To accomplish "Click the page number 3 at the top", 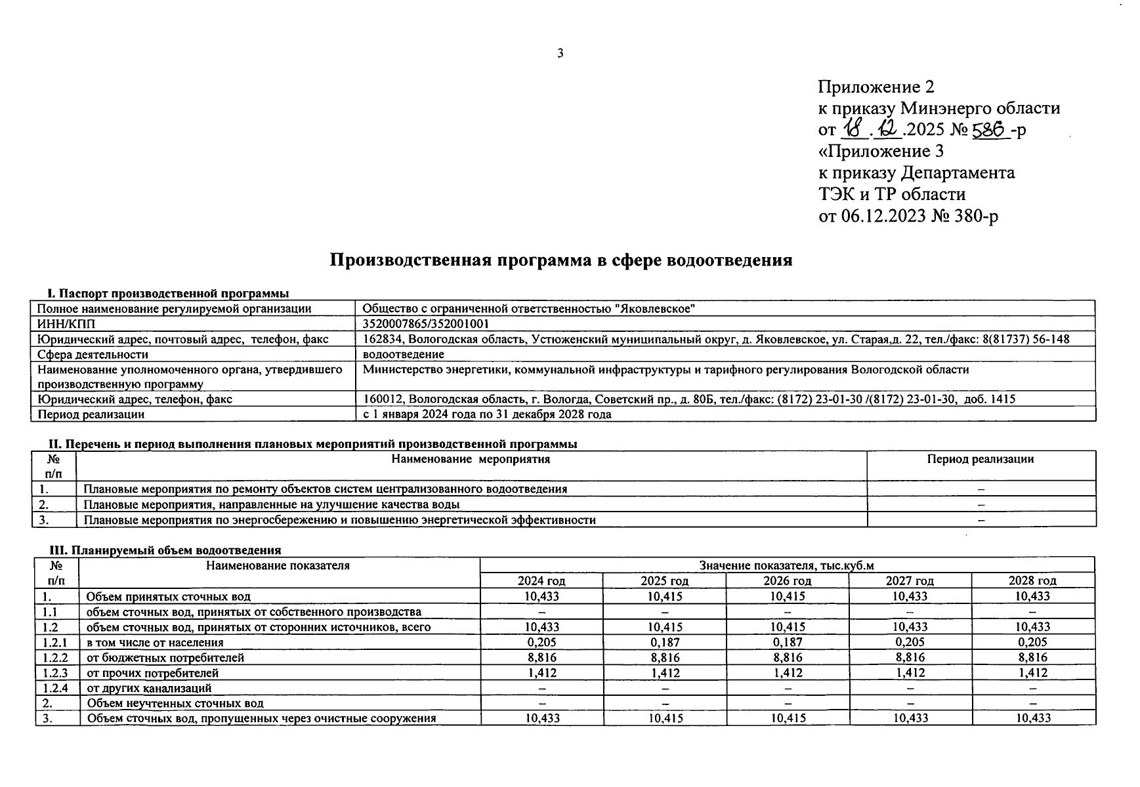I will (560, 54).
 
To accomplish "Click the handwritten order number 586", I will (990, 131).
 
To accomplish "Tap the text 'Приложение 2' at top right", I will (876, 87).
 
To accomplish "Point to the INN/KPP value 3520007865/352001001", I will (426, 324).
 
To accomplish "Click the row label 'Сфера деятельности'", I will (93, 354).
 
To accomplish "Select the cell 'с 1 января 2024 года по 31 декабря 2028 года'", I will (486, 414).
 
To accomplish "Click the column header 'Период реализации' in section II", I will (980, 459).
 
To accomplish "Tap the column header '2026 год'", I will (787, 580).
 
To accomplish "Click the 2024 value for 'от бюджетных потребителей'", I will (541, 657).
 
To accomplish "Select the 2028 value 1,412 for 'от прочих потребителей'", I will (1033, 672).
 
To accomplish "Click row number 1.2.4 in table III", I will (55, 688).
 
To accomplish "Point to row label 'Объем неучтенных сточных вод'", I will (175, 703).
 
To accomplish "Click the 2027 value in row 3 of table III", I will (910, 718).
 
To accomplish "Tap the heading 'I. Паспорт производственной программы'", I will (168, 293).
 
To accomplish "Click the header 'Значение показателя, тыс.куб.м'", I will (786, 565).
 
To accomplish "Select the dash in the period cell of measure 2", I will (981, 504).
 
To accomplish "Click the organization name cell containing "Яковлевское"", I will (529, 308).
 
